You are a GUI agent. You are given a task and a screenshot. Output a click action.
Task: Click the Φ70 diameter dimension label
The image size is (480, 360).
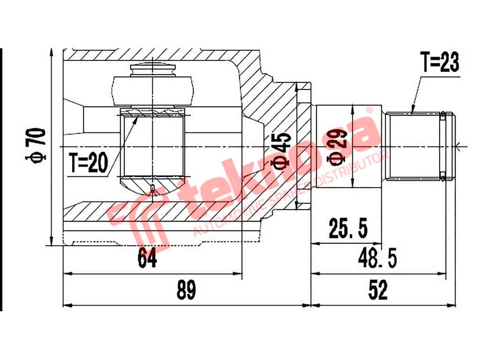pos(37,145)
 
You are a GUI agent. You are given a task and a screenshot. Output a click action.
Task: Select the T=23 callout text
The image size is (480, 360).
pos(439,62)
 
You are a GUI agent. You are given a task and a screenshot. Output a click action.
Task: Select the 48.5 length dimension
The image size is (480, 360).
pos(377,257)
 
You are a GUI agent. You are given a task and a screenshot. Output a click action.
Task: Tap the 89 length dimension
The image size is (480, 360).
pos(186,291)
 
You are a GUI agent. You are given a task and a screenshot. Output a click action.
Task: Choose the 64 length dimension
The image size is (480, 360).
pos(147,257)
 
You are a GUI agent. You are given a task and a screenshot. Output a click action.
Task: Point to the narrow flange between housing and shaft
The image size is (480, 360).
pos(304,146)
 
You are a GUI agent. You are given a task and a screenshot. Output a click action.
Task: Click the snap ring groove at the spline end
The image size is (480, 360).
pos(442,145)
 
